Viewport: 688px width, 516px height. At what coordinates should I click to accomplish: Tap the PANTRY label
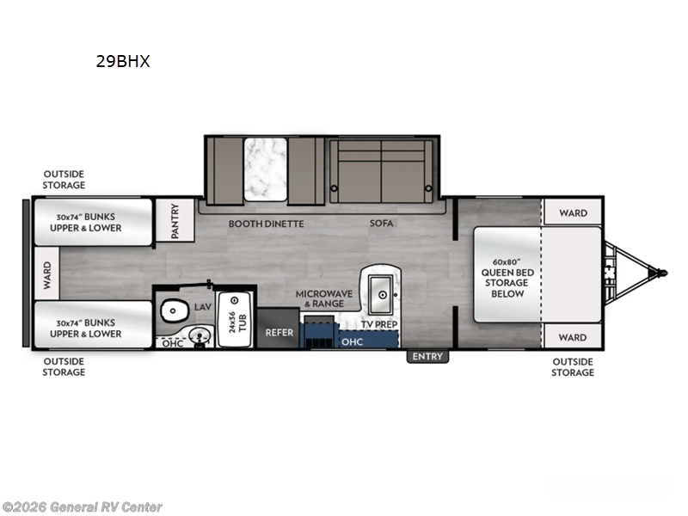click(x=175, y=221)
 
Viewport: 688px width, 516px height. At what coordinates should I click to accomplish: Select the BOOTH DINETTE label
click(x=266, y=224)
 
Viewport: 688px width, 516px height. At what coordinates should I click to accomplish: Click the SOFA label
click(x=381, y=224)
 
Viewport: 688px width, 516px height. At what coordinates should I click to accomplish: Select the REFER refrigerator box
click(x=279, y=333)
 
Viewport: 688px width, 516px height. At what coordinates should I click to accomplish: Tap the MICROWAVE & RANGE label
click(x=325, y=298)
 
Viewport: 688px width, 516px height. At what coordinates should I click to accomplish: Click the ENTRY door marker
click(x=427, y=356)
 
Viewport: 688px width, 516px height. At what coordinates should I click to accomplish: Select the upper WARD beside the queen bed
click(x=572, y=212)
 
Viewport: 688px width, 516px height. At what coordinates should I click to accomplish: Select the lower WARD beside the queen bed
click(x=572, y=337)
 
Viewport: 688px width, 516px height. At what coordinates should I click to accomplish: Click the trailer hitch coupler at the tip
click(x=660, y=273)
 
